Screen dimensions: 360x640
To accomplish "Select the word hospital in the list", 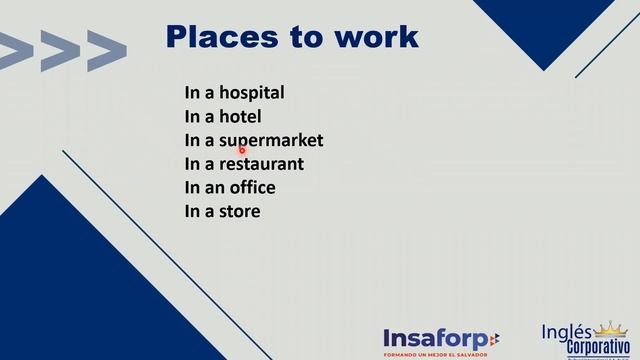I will click(251, 93).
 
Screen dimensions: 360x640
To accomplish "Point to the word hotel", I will click(240, 117).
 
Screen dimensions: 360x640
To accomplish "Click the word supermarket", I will click(271, 141).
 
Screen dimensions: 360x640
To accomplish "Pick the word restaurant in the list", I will click(261, 164).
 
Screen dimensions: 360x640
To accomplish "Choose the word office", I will click(250, 187).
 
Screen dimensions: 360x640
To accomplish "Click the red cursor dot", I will click(242, 150).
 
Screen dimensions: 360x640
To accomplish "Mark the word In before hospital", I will click(191, 93).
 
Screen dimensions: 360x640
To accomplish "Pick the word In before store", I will click(191, 211).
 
